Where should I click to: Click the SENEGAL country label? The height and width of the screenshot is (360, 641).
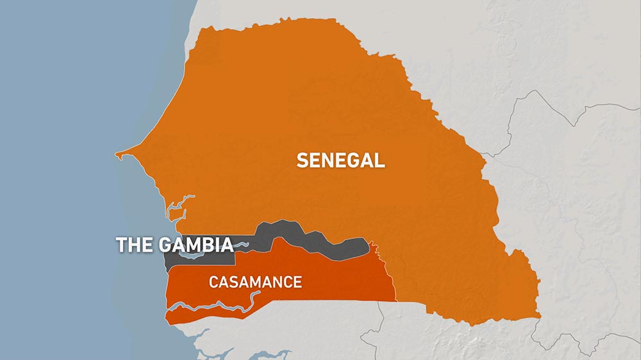(x=340, y=160)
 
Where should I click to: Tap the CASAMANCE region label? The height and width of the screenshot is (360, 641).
(x=255, y=282)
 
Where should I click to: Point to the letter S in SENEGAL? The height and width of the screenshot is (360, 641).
(x=301, y=160)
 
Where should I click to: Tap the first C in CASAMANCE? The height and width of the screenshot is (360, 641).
(x=213, y=282)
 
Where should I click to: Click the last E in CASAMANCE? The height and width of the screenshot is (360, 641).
(x=297, y=282)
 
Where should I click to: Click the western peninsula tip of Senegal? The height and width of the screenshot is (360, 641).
(x=117, y=154)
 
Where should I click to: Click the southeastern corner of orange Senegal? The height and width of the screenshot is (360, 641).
(x=537, y=315)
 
